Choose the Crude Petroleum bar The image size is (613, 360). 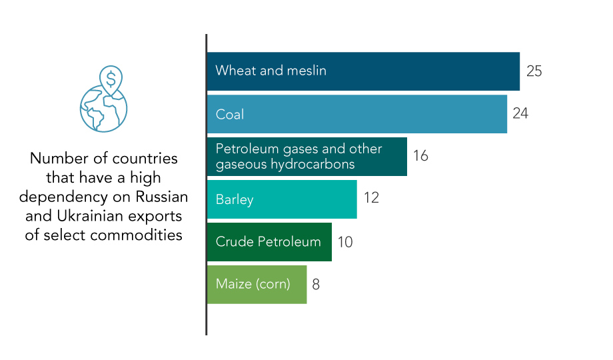(x=269, y=242)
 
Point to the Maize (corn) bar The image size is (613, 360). (x=257, y=285)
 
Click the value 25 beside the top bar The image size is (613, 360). (x=534, y=71)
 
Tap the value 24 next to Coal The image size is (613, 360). (x=520, y=113)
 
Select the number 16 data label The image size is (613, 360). (x=420, y=156)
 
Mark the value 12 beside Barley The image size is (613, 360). (x=371, y=199)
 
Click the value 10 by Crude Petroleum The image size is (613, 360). (x=345, y=241)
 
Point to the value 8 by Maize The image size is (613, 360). (x=316, y=284)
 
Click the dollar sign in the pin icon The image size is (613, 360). (x=111, y=79)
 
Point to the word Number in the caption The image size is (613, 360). (x=54, y=159)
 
